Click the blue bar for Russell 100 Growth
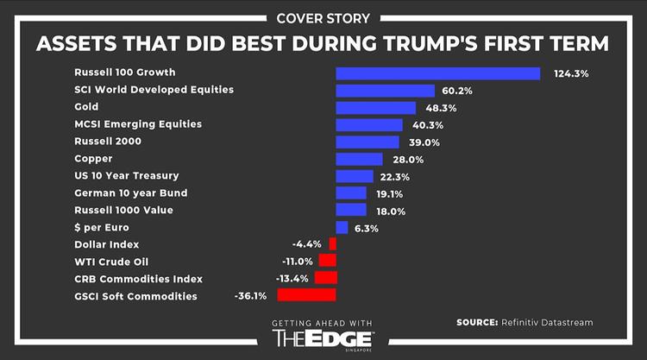pyautogui.click(x=437, y=73)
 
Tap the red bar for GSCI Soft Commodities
pyautogui.click(x=306, y=295)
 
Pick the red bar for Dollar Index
pyautogui.click(x=332, y=244)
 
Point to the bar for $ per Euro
pyautogui.click(x=342, y=227)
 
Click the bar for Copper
pyautogui.click(x=359, y=159)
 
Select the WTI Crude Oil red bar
pyautogui.click(x=327, y=261)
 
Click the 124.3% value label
pyautogui.click(x=571, y=74)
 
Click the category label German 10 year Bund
pyautogui.click(x=131, y=193)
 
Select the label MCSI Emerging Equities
pyautogui.click(x=138, y=124)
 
